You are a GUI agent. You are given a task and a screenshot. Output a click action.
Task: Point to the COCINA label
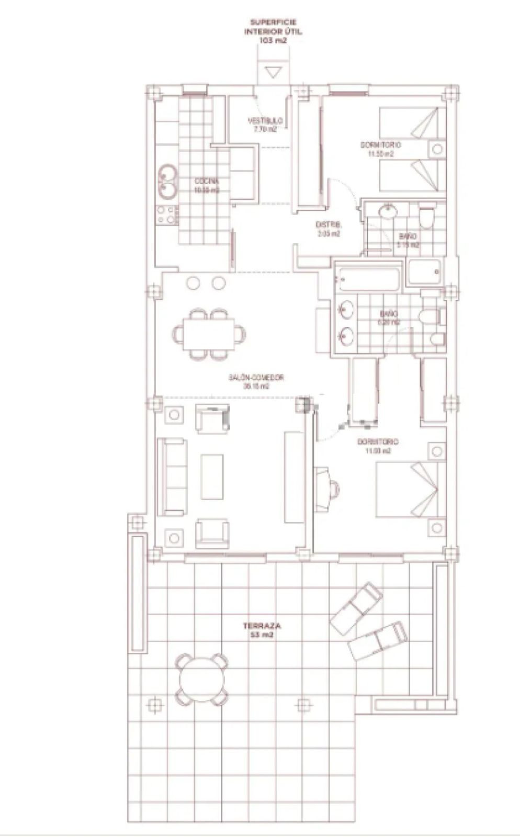click(x=206, y=186)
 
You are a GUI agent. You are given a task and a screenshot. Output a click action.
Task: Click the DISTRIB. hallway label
click(x=328, y=229)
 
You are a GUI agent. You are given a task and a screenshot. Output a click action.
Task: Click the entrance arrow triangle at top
click(x=272, y=72)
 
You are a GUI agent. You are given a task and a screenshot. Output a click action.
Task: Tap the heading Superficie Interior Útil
click(x=273, y=31)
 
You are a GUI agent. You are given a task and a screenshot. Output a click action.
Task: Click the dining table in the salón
click(x=209, y=333)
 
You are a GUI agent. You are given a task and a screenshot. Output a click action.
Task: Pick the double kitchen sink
click(x=168, y=182)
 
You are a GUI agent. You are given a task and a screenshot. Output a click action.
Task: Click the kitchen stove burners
click(x=167, y=214)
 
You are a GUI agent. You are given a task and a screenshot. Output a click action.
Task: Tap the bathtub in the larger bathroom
click(x=369, y=279)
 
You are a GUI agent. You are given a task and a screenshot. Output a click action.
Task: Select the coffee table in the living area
click(x=212, y=476)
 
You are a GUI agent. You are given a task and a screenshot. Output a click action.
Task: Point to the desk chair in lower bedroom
click(x=333, y=489)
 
